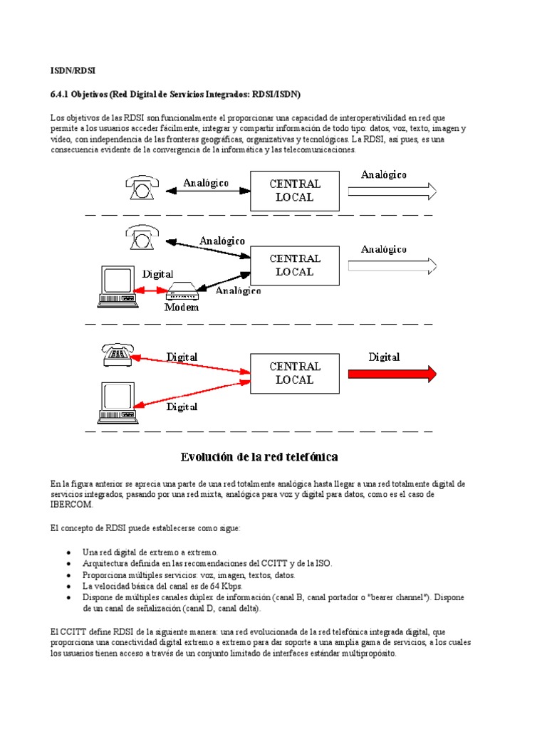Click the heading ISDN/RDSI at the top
[73, 70]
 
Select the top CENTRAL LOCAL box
[295, 190]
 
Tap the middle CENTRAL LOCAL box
[295, 265]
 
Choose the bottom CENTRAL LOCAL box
[295, 373]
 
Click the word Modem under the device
[181, 308]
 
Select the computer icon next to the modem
[117, 286]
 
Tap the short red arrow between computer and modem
[151, 290]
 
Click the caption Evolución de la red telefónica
[259, 456]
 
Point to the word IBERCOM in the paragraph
[72, 504]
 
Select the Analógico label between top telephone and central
[206, 183]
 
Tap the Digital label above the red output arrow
[384, 357]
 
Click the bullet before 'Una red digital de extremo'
[68, 552]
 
